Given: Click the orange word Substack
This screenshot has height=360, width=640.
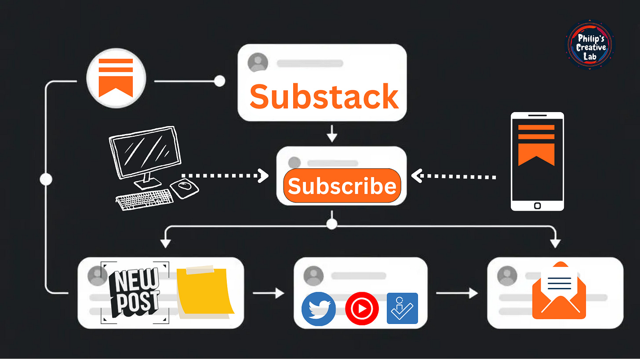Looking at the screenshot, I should coord(324,97).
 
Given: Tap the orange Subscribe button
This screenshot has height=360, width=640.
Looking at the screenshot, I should coord(342,186).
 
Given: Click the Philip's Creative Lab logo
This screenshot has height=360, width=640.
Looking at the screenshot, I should coord(590,46).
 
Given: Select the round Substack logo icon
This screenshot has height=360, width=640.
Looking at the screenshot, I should coord(116,77).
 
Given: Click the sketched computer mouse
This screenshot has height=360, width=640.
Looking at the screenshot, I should coord(184,188).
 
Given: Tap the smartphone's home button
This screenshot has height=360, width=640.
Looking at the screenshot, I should coord(537,205).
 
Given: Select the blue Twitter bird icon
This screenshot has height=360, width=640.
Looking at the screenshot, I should coord(319,309).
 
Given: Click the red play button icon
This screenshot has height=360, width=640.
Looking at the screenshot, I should coord(362,309).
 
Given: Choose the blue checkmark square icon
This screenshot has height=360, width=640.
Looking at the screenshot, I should coord(402,309).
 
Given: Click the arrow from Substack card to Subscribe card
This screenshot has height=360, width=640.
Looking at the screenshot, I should coord(332,134).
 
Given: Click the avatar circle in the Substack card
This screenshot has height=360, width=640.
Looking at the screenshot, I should coord(258,62).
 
